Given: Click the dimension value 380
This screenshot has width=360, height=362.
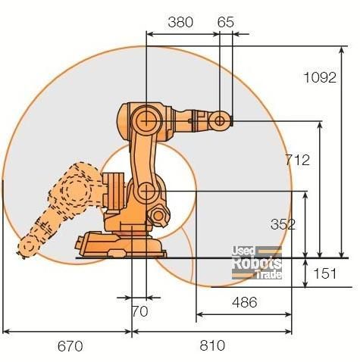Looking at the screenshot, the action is [180, 22].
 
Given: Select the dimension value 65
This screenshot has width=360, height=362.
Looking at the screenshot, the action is [226, 22].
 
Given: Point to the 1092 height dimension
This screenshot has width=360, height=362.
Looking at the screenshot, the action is [320, 77].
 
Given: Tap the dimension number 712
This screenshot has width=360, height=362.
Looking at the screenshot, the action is [297, 160].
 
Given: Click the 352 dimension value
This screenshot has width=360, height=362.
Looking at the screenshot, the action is [283, 224].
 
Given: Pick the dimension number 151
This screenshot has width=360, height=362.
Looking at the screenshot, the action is [325, 273].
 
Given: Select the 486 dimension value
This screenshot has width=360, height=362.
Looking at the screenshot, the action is [245, 302].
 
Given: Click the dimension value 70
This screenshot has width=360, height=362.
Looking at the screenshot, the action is [140, 311].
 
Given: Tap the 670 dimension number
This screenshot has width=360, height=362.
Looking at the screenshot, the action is [70, 346].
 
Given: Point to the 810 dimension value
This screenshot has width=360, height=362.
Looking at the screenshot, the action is [212, 345].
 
